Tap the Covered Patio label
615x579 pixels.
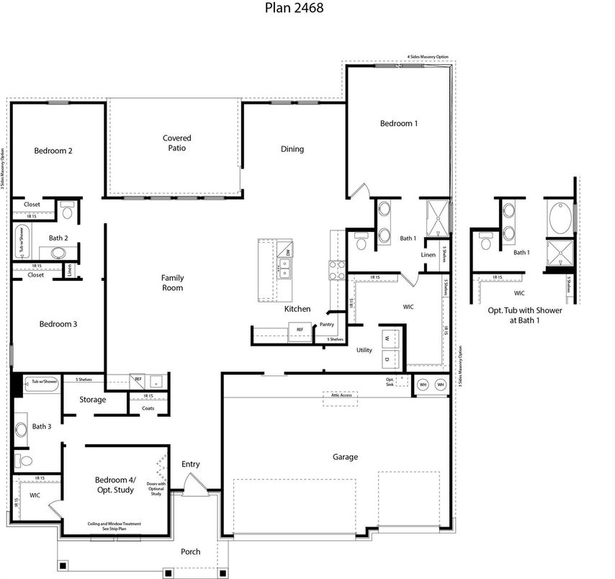point(176,143)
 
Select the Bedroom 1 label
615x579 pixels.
point(399,124)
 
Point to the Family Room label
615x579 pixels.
point(172,282)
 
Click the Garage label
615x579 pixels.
point(345,457)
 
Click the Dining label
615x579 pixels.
point(292,150)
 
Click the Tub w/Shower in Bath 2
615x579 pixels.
point(19,241)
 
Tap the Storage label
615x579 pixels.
point(93,400)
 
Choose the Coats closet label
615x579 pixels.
point(148,408)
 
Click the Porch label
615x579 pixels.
point(191,552)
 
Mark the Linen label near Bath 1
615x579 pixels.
point(428,255)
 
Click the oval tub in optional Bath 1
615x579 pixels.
point(559,218)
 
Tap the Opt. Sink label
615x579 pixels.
point(391,382)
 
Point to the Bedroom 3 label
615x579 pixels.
point(58,324)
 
